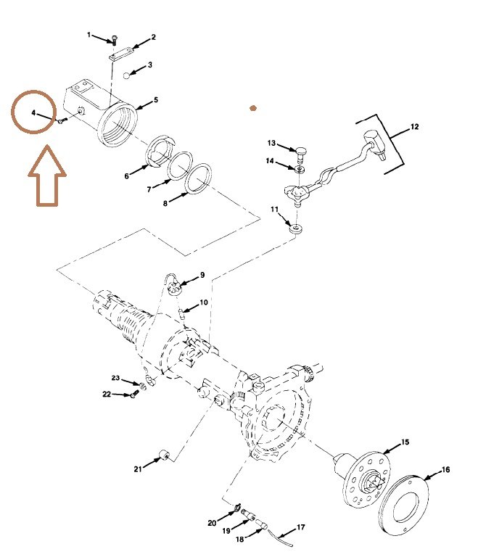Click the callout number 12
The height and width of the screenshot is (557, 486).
414,126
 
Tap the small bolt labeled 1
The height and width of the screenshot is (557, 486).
114,40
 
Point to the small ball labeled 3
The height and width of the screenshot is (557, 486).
126,75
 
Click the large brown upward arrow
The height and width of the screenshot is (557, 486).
47,176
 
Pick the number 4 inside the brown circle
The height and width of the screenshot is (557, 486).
33,112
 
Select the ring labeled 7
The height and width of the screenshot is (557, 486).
180,166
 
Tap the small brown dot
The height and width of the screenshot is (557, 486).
253,108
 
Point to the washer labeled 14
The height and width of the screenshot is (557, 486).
300,168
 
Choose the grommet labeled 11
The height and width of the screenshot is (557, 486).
295,228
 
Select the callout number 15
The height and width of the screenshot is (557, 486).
405,442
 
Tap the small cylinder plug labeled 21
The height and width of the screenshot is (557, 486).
164,455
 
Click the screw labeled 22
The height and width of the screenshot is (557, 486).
135,394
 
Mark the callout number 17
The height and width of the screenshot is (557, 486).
300,527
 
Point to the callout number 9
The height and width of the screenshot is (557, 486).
202,275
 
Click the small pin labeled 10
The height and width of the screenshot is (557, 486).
182,314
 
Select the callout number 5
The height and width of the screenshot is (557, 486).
156,100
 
